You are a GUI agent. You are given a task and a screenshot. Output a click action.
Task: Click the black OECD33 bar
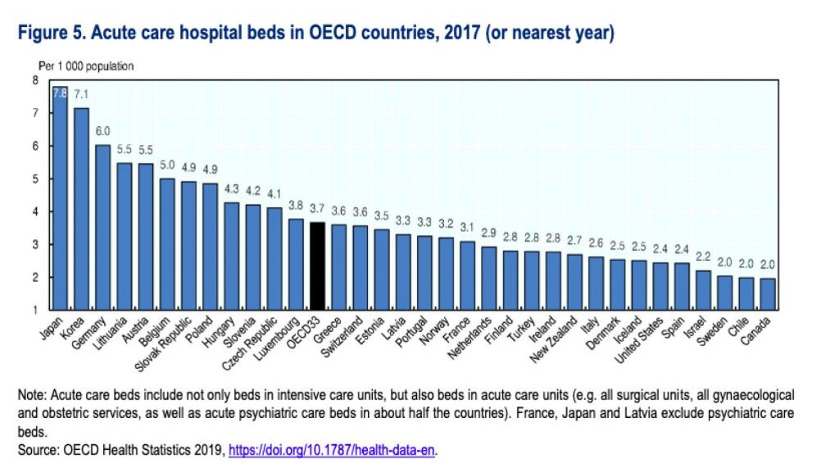click(317, 266)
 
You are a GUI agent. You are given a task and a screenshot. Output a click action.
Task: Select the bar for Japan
click(60, 197)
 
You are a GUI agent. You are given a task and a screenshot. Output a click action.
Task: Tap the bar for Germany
click(102, 227)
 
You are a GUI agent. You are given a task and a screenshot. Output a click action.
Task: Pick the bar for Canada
click(768, 293)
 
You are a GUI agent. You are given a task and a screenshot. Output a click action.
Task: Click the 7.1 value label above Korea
click(81, 94)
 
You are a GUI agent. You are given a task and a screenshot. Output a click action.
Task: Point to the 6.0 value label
click(102, 131)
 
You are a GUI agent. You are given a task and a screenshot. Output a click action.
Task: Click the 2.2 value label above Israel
click(703, 256)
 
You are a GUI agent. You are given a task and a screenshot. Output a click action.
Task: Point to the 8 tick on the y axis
click(34, 80)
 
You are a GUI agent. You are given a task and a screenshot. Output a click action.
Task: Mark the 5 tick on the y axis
click(34, 179)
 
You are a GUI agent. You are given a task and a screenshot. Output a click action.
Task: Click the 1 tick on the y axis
click(34, 310)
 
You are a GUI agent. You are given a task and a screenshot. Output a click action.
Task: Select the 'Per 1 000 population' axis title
click(87, 66)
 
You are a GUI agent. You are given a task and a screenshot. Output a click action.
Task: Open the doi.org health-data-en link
click(331, 450)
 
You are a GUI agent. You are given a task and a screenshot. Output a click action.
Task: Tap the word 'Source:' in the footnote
click(39, 450)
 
